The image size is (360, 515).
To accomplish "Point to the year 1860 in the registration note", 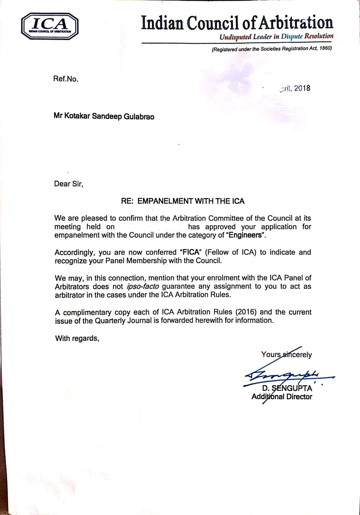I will (x=325, y=49).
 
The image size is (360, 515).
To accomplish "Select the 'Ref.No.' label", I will (x=65, y=79).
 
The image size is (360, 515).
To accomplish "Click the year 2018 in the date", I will (x=302, y=88).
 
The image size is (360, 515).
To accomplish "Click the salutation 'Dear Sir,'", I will (x=69, y=184).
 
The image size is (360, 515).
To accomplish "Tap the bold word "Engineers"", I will (x=246, y=235).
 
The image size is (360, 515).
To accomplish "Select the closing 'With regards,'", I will (x=77, y=338).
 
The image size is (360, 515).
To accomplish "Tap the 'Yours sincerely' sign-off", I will (x=286, y=355).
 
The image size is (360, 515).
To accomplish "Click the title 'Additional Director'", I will (x=282, y=397).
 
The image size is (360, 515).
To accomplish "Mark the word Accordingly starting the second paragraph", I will (x=75, y=253).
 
